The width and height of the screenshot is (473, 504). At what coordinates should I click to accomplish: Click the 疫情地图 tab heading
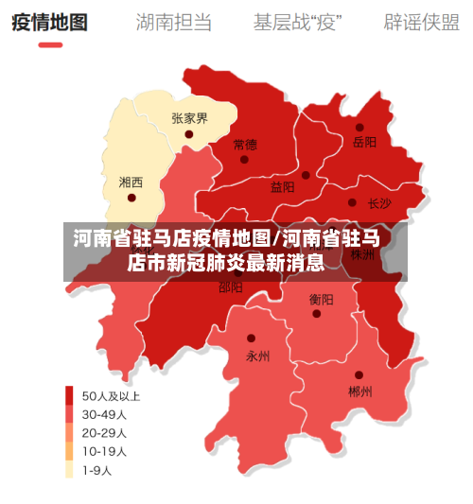pos(49,22)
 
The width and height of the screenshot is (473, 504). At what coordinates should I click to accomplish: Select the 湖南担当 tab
pos(173,22)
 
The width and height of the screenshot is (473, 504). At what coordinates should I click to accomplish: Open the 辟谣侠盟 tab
pos(421,22)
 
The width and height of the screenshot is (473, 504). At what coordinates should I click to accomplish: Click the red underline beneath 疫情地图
pos(49,45)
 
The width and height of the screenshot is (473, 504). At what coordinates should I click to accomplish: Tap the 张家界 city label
pos(189,118)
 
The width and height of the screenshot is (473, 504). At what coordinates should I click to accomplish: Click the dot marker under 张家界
pos(189,134)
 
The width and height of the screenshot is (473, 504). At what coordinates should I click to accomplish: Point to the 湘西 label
pos(131,182)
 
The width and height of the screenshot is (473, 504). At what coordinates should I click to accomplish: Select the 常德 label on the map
pos(244,145)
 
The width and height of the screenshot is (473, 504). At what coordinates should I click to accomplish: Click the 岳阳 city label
pos(364,142)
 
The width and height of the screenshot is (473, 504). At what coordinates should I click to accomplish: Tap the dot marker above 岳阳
pos(359,127)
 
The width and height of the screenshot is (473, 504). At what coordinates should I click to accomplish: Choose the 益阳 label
pos(282,187)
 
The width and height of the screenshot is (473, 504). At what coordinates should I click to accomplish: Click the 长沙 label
pos(378,202)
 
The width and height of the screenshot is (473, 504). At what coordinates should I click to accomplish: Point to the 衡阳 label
pos(321,299)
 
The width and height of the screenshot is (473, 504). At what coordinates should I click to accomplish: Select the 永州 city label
pos(257,356)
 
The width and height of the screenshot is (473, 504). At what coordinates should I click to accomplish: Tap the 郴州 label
pos(359,391)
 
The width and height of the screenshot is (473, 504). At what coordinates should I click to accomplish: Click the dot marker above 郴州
pos(359,374)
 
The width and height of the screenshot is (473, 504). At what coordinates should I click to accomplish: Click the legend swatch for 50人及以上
pos(69,395)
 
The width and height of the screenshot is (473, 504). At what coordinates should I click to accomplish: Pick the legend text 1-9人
pos(97,470)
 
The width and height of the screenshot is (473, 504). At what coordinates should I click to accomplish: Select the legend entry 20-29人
pos(104,432)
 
